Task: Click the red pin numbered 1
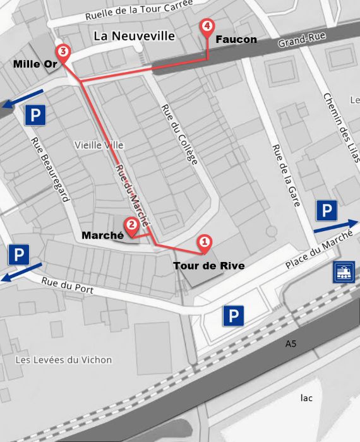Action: pyautogui.click(x=204, y=241)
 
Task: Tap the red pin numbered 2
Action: pyautogui.click(x=131, y=224)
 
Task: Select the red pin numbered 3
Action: pyautogui.click(x=62, y=51)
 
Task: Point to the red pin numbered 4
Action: pyautogui.click(x=207, y=27)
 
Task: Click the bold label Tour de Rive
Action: pyautogui.click(x=208, y=266)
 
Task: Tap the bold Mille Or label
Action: pyautogui.click(x=35, y=64)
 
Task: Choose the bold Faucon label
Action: pyautogui.click(x=236, y=40)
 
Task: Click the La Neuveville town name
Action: pyautogui.click(x=134, y=36)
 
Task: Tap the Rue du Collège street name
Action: pyautogui.click(x=180, y=134)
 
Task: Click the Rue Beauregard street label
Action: pyautogui.click(x=50, y=170)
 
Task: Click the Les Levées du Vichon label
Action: pyautogui.click(x=63, y=360)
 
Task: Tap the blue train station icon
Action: pyautogui.click(x=345, y=272)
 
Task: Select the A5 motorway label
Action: pyautogui.click(x=291, y=344)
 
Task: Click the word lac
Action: pyautogui.click(x=306, y=398)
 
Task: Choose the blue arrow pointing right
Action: pyautogui.click(x=336, y=226)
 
